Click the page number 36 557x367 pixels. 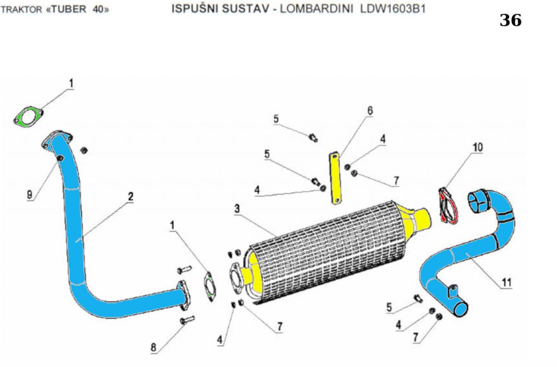pyautogui.click(x=510, y=21)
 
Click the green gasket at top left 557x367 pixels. pyautogui.click(x=28, y=117)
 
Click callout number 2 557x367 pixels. pyautogui.click(x=131, y=196)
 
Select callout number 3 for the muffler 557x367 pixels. pyautogui.click(x=237, y=208)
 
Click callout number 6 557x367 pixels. pyautogui.click(x=370, y=111)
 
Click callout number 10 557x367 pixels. pyautogui.click(x=478, y=147)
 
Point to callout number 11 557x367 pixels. pyautogui.click(x=506, y=282)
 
